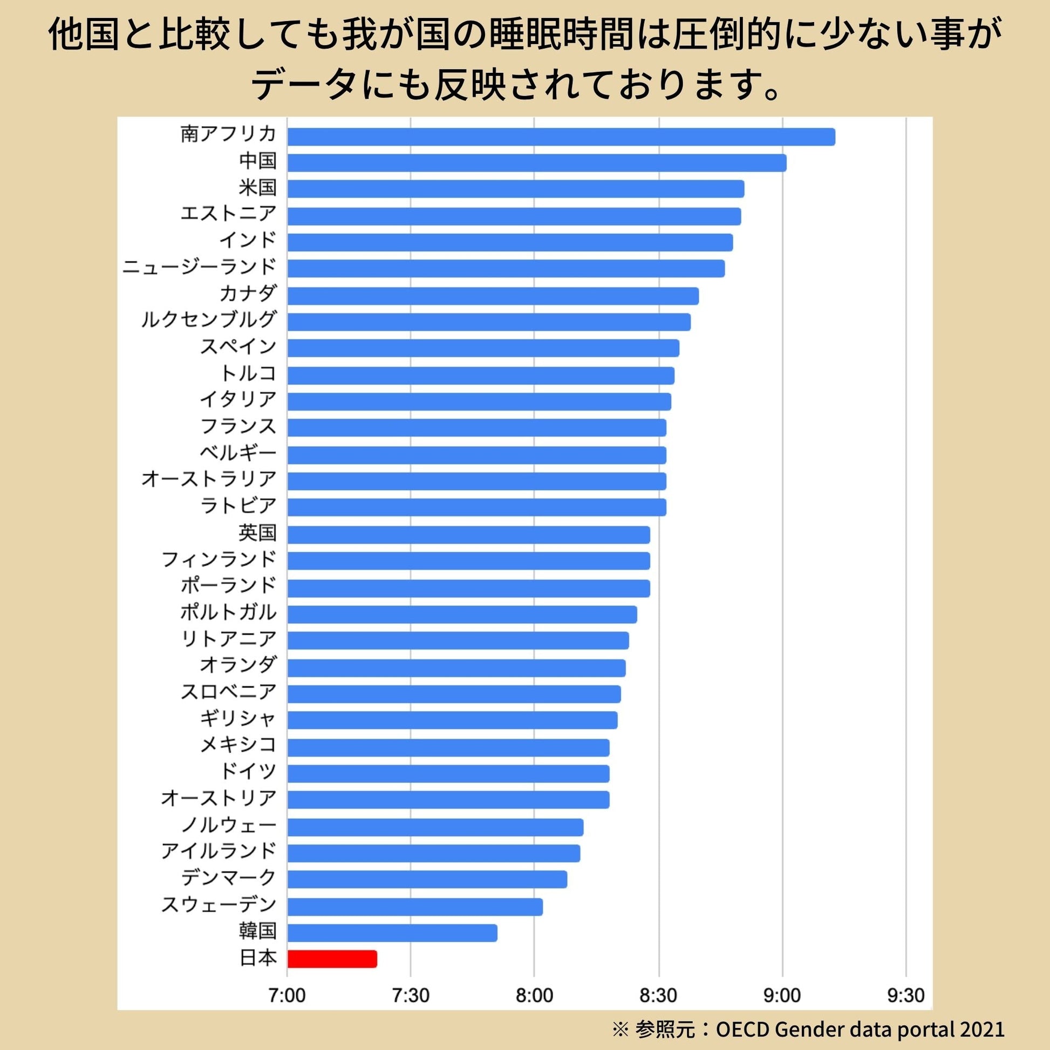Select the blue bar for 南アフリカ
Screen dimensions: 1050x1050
[x=561, y=137]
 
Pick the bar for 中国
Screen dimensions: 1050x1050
[x=536, y=162]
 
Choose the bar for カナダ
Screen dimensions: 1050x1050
[x=493, y=296]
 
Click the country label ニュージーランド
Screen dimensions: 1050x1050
[x=200, y=267]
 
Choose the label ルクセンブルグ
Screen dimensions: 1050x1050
[x=209, y=319]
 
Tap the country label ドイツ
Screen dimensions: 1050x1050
[x=248, y=771]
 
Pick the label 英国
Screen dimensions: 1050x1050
[x=257, y=533]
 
